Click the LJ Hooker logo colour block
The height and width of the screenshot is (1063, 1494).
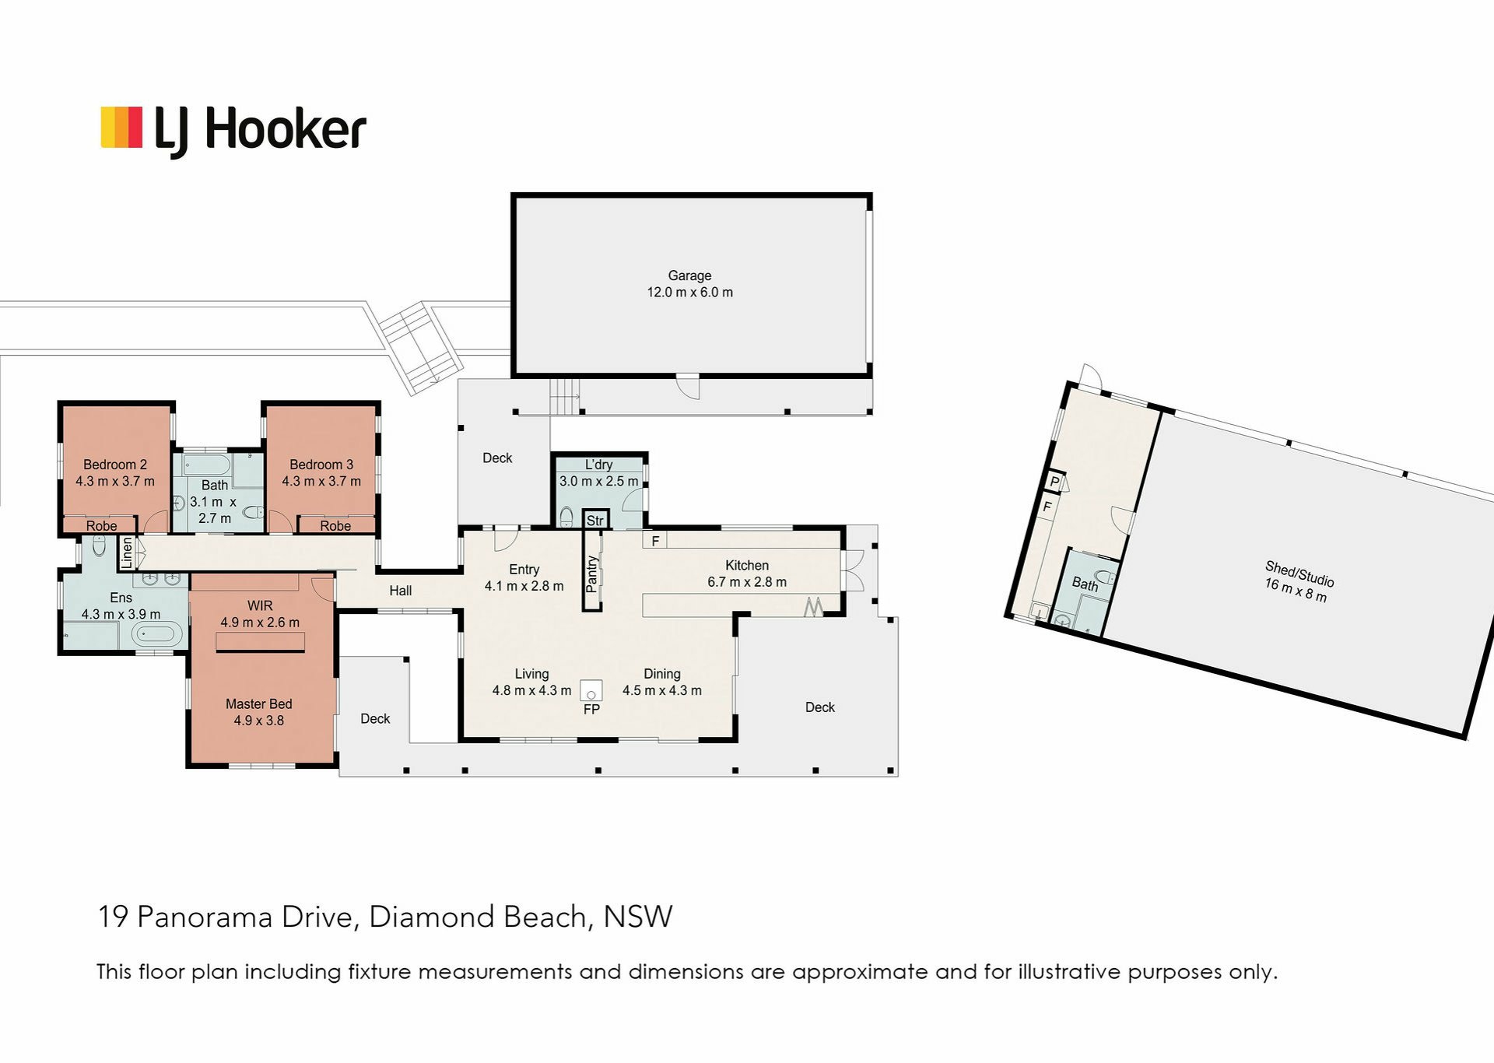(121, 128)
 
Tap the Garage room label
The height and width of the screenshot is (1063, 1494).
(689, 275)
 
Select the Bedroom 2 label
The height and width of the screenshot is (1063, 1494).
(115, 465)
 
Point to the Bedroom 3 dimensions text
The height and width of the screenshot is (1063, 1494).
(321, 482)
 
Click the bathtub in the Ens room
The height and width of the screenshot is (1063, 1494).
(156, 633)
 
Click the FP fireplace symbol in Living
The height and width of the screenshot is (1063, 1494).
(591, 691)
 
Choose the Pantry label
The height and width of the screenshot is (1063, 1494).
(592, 574)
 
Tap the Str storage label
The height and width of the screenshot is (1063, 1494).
(594, 521)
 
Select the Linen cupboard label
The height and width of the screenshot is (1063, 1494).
(127, 553)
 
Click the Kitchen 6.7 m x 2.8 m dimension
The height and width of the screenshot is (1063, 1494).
(746, 582)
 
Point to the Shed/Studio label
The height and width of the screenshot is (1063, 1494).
(1299, 574)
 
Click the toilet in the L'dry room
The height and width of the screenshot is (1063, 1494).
(566, 517)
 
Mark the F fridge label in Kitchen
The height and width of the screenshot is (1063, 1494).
(655, 540)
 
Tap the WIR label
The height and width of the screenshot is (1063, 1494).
(260, 605)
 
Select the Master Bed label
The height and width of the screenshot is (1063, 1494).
(258, 703)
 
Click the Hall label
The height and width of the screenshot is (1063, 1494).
(401, 591)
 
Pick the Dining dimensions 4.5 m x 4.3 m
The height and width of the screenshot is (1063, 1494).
(661, 690)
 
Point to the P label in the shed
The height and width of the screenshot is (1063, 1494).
(1054, 482)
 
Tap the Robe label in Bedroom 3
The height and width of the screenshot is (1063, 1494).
(335, 526)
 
